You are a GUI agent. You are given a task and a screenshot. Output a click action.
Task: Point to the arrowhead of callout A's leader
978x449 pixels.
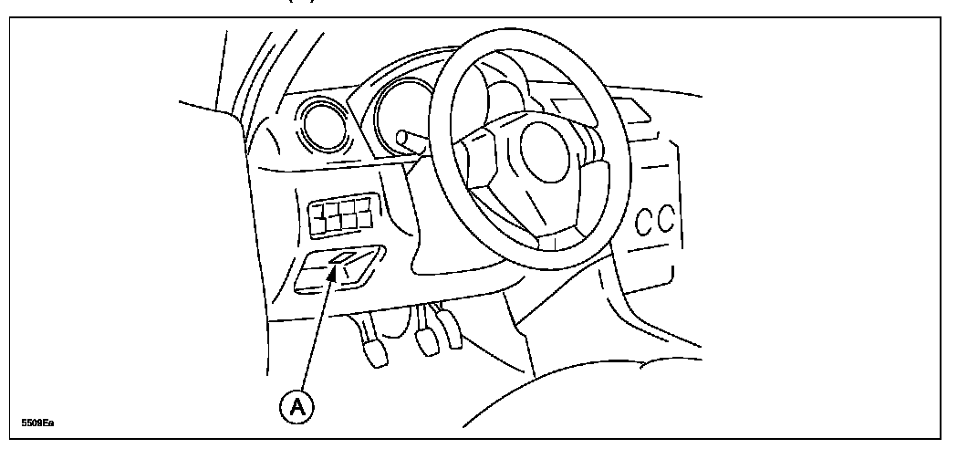coord(335,269)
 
